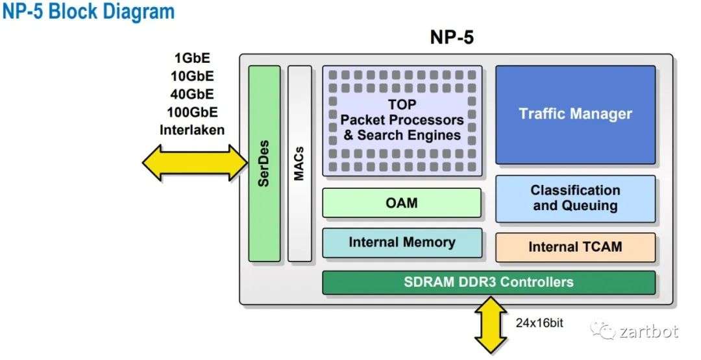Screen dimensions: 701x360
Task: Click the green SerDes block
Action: (264, 163)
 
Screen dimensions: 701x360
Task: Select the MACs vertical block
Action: (299, 163)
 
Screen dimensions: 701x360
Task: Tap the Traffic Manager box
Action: (575, 115)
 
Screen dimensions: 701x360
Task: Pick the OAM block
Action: (402, 203)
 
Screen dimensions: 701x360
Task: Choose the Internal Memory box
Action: (402, 243)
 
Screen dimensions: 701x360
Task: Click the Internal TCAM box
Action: (575, 247)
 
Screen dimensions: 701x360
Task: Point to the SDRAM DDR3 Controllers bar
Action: (489, 282)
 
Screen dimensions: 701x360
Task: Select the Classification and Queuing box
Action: (575, 198)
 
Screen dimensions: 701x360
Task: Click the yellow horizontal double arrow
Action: (195, 163)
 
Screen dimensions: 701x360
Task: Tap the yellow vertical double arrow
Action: (491, 326)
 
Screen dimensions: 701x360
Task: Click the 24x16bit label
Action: (539, 323)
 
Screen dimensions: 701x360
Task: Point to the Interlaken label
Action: (192, 130)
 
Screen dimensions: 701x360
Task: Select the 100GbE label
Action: (192, 112)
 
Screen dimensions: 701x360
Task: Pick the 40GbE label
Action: (192, 94)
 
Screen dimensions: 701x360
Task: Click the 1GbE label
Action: (192, 58)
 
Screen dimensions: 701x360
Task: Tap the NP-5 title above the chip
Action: (452, 38)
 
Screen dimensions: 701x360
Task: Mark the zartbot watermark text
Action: (649, 331)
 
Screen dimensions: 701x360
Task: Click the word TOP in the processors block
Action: (402, 104)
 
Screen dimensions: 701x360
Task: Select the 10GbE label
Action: (192, 77)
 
